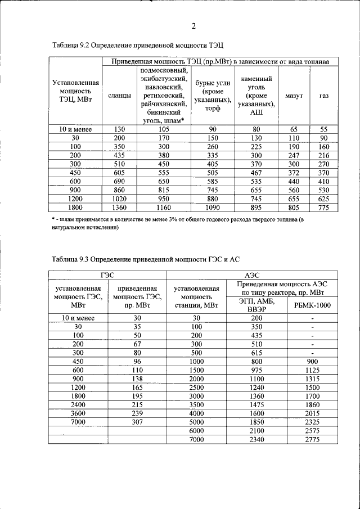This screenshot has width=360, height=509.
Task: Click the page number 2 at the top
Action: coord(193,26)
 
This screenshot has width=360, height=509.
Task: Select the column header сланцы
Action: coord(119,96)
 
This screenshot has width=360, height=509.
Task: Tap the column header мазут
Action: coord(294,96)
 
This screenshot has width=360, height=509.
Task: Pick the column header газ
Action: coord(324,96)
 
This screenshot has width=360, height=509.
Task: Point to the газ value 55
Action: coord(324,129)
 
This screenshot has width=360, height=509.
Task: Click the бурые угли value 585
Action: coord(209,181)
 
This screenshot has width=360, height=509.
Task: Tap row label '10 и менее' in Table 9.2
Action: coord(76,129)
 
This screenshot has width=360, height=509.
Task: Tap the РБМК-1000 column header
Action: coord(313,305)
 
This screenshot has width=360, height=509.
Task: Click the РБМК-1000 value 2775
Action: coord(313,439)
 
